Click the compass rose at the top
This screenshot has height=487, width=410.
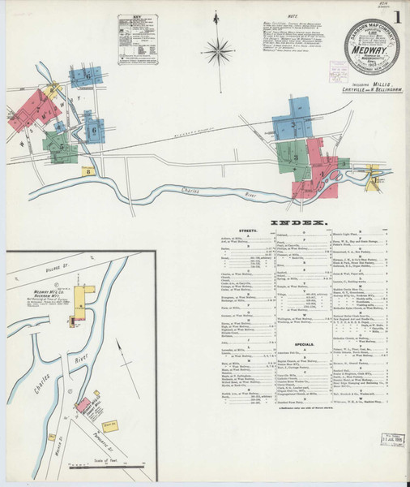coord(217,53)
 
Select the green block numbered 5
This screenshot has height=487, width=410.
coord(62,149)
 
